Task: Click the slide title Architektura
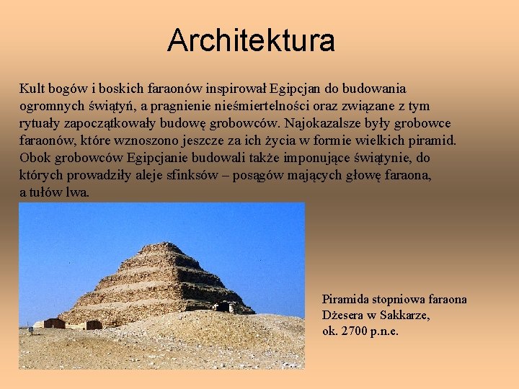[251, 40]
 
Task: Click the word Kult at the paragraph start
[32, 89]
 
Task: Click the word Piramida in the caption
[349, 299]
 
